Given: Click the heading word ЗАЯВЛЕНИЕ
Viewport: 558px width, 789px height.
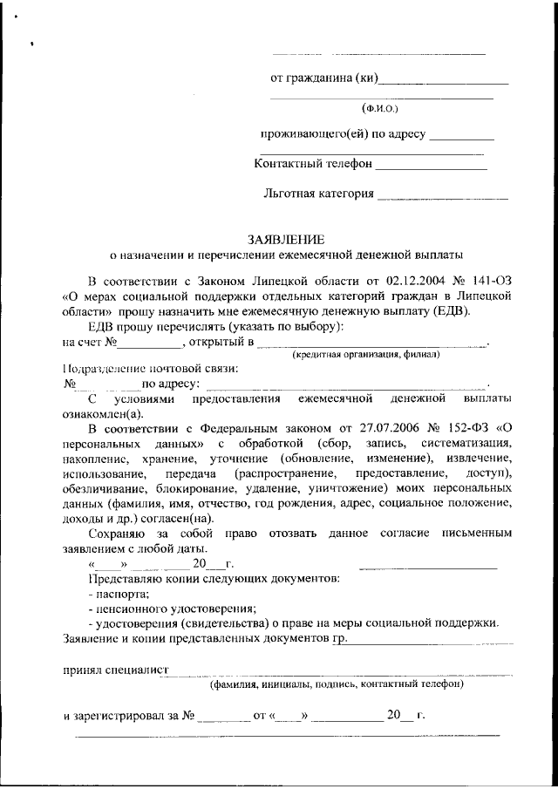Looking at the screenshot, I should (286, 239).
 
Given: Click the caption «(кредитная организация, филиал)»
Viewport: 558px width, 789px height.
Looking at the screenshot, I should (366, 355).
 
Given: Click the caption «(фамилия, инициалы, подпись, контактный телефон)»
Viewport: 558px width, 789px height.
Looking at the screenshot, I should (337, 684).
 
